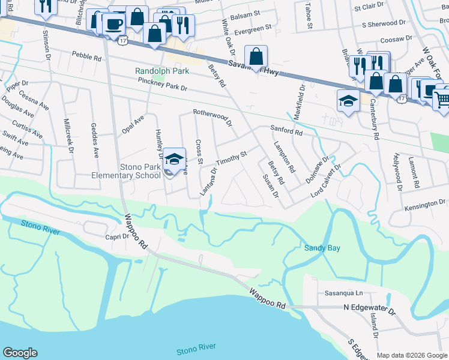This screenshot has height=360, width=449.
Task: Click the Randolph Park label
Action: (x=162, y=71)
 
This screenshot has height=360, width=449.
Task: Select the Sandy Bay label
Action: (x=322, y=248)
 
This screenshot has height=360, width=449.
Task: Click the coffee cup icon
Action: (x=113, y=24)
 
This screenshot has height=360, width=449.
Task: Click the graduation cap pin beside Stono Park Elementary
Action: (x=174, y=159)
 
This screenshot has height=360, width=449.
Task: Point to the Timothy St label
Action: (x=232, y=155)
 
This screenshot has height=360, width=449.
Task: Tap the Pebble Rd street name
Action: (x=86, y=58)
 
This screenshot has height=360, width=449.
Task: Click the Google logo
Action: (x=20, y=353)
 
